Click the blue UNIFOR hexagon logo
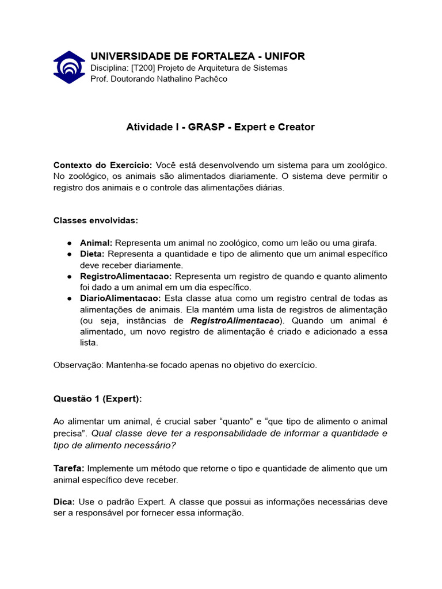69,67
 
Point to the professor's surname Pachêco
210,79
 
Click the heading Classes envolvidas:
96,220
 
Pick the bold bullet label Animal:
96,243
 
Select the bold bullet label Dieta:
92,254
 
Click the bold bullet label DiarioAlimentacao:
121,298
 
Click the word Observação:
78,365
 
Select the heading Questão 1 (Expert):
97,399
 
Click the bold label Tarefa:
69,468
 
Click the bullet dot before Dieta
69,254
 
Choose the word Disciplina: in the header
110,68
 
